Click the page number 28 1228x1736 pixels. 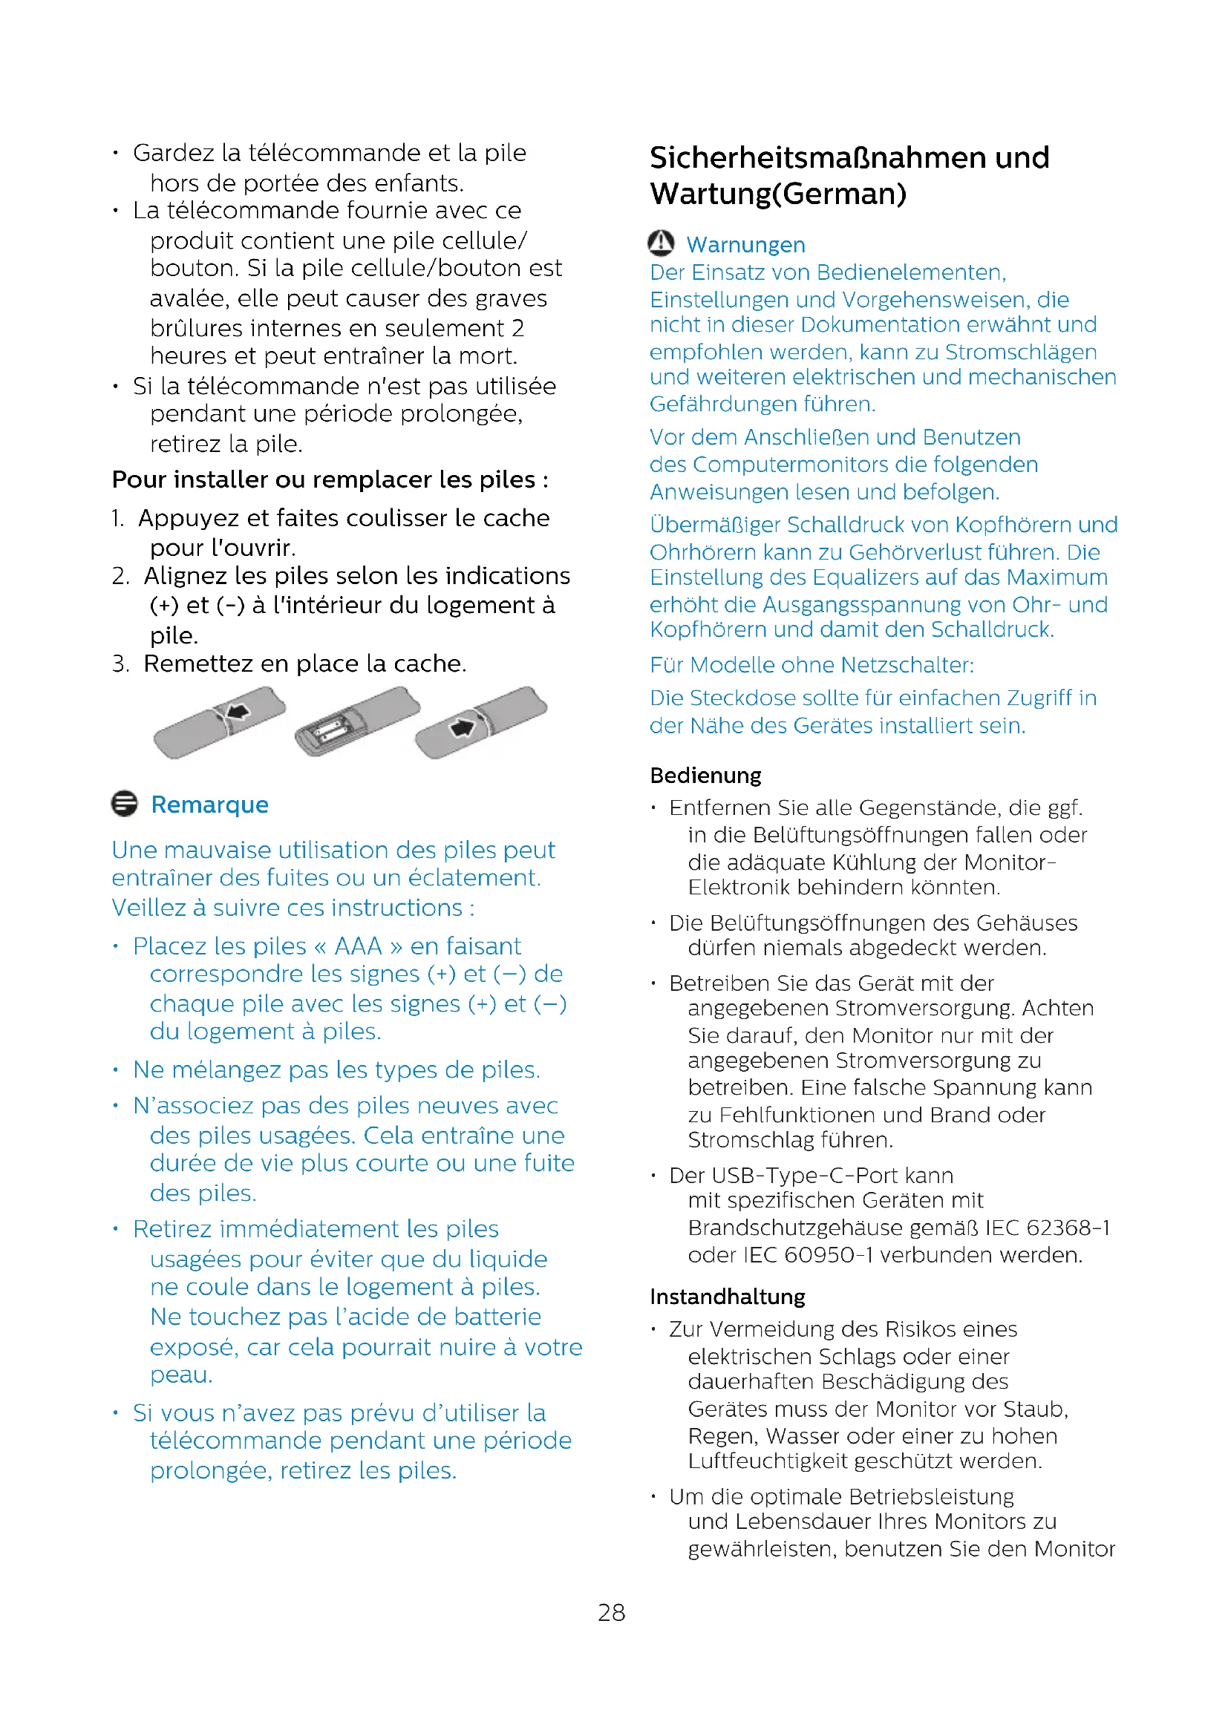(611, 1612)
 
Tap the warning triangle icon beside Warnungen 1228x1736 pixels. (661, 243)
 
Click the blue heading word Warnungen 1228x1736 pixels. (745, 245)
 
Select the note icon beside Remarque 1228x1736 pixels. (125, 804)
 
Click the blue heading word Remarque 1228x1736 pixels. (209, 805)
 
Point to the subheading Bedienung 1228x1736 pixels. (705, 775)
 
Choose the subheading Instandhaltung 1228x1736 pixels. (728, 1297)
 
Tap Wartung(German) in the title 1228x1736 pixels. (778, 194)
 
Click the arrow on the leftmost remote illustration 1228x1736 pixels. (238, 712)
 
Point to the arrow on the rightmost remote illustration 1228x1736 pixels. (461, 727)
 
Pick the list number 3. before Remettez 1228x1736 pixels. (120, 664)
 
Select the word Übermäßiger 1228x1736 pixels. (714, 525)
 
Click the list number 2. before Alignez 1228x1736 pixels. (120, 576)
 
